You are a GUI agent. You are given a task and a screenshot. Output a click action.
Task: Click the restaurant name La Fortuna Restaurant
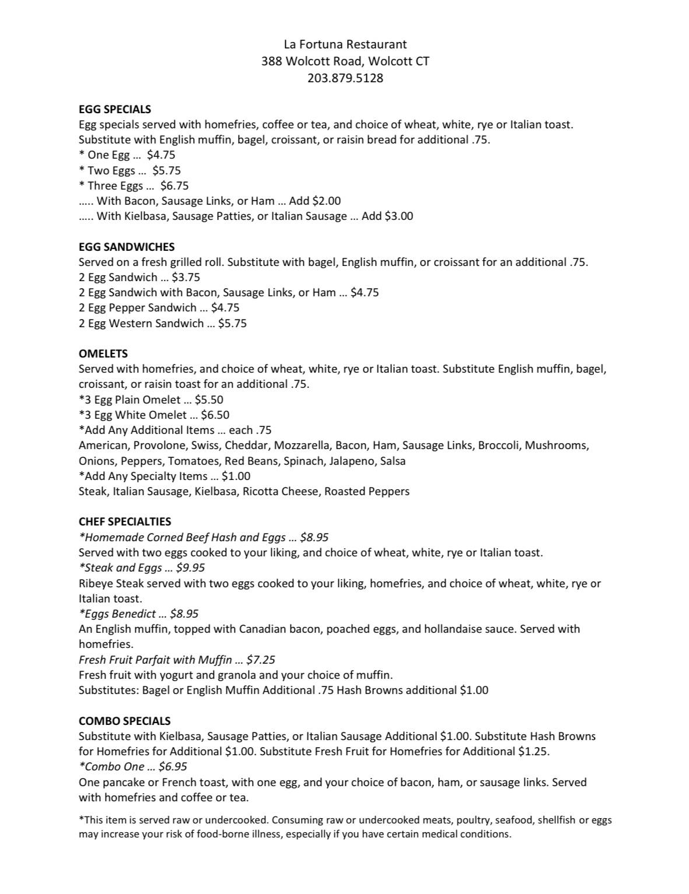coord(345,44)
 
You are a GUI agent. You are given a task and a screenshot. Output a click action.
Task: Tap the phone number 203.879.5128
coord(345,78)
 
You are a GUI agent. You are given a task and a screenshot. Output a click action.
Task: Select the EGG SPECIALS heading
coord(115,109)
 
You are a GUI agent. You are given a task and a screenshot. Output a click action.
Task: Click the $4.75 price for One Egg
coord(161,155)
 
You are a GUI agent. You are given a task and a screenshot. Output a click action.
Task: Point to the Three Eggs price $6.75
coord(174,186)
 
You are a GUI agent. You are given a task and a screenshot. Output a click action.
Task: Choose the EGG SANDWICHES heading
coord(127,247)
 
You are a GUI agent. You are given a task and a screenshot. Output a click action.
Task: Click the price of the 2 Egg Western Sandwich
coord(232,324)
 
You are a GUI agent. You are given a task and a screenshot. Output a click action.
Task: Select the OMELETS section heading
coord(103,353)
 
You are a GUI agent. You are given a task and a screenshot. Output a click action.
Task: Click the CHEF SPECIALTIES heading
coord(125,521)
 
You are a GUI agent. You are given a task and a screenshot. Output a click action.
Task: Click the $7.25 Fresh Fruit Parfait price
coord(261,660)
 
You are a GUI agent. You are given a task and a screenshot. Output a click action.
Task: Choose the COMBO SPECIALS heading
coord(125,721)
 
